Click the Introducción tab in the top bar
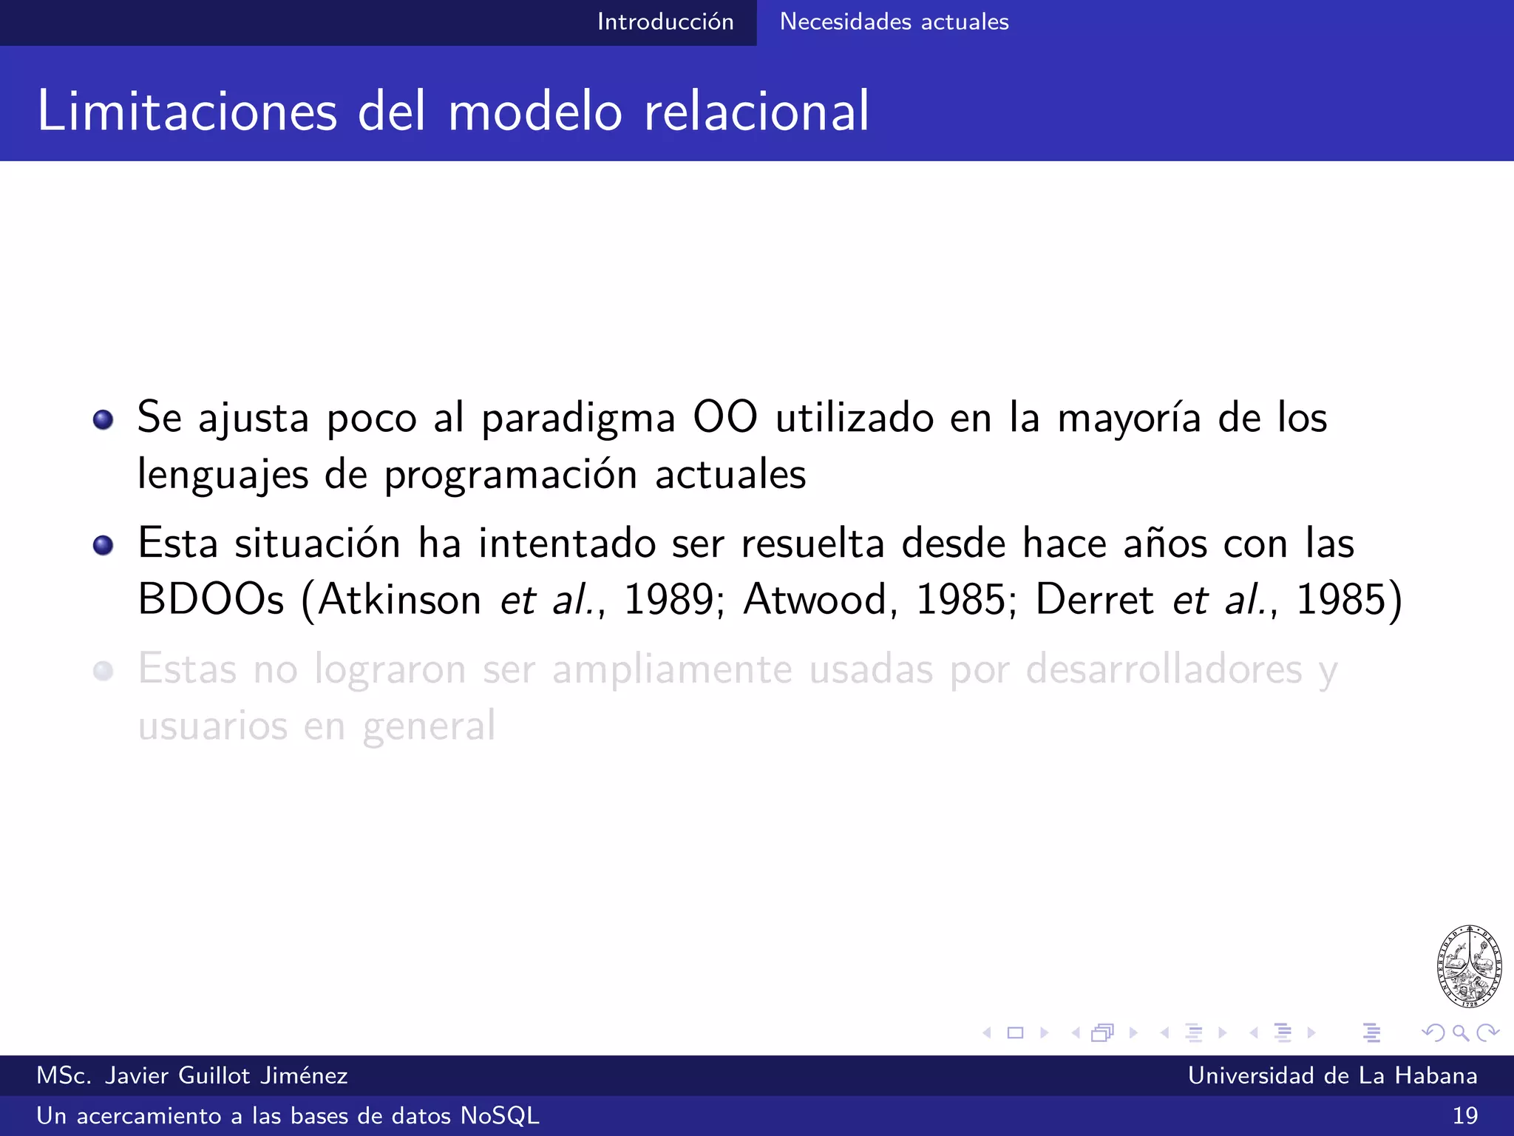point(665,22)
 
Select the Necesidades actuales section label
point(894,22)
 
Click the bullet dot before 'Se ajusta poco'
point(103,420)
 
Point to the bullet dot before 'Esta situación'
point(103,546)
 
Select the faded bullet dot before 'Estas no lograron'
point(103,671)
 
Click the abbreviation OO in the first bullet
point(725,418)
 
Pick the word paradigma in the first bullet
point(578,420)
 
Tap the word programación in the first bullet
point(510,476)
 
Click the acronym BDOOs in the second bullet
point(211,599)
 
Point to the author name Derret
point(1094,599)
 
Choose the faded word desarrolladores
point(1164,669)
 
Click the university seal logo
point(1469,966)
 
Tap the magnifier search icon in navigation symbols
point(1460,1032)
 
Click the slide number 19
point(1464,1115)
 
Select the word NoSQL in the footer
point(500,1115)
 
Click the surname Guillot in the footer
point(214,1075)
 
